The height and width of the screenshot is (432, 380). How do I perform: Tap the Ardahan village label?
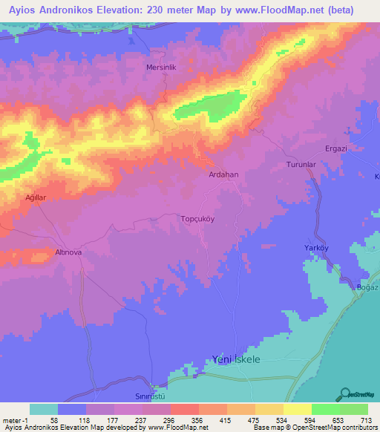[224, 174]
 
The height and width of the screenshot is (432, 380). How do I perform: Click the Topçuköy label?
[198, 219]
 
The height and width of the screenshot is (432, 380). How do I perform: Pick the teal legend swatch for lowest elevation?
[44, 409]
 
